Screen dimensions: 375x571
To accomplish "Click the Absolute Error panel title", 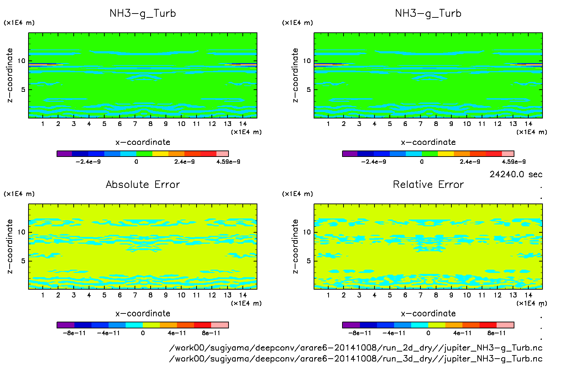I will tap(142, 184).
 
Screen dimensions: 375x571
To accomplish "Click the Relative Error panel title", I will tap(428, 184).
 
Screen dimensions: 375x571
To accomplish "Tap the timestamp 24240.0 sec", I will tap(515, 174).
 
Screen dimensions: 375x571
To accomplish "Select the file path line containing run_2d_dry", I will tap(355, 348).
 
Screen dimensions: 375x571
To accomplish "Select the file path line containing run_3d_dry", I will tap(355, 359).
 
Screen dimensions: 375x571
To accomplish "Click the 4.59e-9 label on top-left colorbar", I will tap(228, 162).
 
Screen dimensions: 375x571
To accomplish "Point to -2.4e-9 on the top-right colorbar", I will tap(373, 162).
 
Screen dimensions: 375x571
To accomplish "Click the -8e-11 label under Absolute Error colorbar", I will tap(74, 333).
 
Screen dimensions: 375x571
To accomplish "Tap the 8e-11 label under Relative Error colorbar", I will tap(496, 333).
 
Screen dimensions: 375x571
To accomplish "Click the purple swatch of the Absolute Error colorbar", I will tap(66, 325).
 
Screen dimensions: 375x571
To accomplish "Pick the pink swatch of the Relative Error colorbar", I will tap(505, 325).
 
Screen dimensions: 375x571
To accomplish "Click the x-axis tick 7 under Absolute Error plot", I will tap(135, 295).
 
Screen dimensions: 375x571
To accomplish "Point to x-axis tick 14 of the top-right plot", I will tap(528, 124).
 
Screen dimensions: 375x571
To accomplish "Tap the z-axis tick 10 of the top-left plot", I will tap(22, 61).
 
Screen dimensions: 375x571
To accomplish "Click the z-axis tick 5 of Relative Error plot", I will tap(309, 261).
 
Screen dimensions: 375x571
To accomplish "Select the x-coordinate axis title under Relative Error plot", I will tap(428, 313).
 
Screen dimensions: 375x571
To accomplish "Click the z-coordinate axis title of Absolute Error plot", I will tap(10, 246).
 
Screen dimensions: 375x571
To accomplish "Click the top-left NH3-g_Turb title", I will tap(142, 14).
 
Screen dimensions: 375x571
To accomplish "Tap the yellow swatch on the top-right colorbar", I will tap(446, 154).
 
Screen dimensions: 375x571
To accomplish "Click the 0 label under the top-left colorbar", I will tap(136, 162).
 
